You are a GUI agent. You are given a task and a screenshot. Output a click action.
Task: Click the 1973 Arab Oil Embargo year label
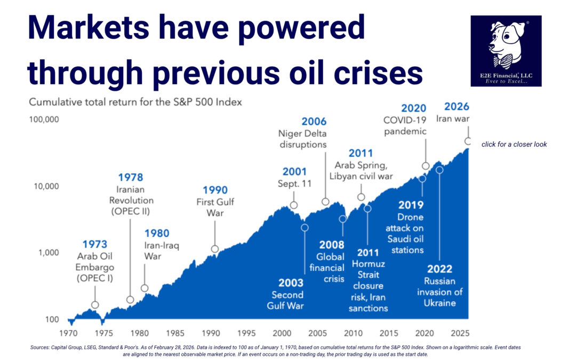pos(95,245)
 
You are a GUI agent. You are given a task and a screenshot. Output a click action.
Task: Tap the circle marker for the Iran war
pos(468,141)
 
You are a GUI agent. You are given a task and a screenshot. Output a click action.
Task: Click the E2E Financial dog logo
pos(506,51)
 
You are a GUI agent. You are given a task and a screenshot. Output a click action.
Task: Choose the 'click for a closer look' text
pos(514,145)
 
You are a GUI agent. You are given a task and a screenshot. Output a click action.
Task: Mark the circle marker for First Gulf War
pos(215,249)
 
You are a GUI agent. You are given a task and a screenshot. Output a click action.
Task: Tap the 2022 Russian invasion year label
pos(439,269)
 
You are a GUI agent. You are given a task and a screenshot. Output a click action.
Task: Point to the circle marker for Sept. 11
pos(293,205)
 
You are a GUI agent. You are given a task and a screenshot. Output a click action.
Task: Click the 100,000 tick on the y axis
pos(43,119)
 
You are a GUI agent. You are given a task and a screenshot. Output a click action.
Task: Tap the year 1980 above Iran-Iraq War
pos(157,233)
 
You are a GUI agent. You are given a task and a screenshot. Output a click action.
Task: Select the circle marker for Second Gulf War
pos(305,228)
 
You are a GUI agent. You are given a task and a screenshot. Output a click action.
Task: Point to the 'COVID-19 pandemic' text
pos(405,125)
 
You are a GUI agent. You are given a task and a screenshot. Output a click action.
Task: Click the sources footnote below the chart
pos(276,350)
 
